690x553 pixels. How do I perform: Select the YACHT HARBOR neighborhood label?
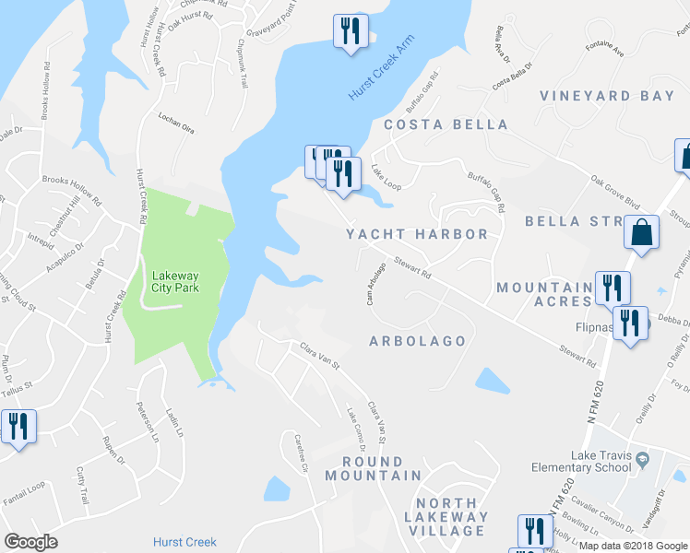coord(417,234)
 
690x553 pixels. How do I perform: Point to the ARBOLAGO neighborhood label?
coord(417,341)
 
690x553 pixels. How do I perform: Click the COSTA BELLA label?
coord(446,124)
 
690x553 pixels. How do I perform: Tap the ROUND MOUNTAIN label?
coord(373,468)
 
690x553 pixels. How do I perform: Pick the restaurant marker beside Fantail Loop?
coord(18,428)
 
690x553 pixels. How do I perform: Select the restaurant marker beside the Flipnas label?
coord(630,324)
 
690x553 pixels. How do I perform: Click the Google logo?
coord(31,541)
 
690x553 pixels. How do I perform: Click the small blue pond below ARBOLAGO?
coord(493,381)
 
